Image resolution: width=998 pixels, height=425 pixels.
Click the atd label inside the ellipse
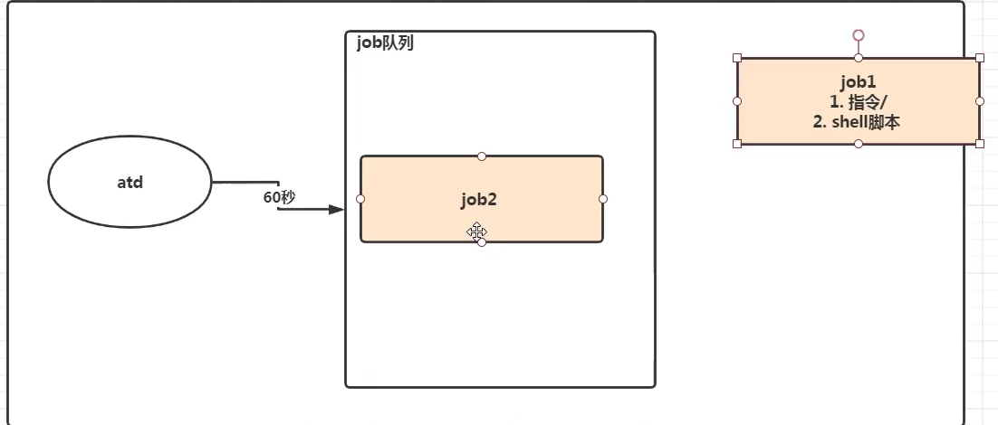pos(130,182)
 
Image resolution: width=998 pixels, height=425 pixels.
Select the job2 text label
pos(478,201)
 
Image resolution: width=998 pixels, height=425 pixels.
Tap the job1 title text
pos(858,81)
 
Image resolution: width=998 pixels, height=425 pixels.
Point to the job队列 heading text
pos(385,42)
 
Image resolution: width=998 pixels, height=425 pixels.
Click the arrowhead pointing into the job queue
pos(337,210)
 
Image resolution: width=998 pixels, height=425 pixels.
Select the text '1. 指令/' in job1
pos(858,101)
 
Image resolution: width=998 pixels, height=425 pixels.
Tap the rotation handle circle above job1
pos(859,35)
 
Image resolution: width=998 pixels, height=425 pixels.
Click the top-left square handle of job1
pos(737,58)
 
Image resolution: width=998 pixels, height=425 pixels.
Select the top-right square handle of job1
pos(980,58)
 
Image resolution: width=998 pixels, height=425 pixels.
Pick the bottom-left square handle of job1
pos(737,143)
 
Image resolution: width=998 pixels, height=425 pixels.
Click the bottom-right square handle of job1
pos(980,143)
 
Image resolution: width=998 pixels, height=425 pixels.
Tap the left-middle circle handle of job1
pos(737,101)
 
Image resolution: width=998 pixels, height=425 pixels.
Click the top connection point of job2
pos(482,156)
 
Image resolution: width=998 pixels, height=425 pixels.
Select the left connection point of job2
pos(360,199)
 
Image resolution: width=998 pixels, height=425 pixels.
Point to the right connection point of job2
pos(603,199)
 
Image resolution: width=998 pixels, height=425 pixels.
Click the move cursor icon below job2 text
pos(476,232)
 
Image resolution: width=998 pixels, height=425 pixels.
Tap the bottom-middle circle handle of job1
pos(859,144)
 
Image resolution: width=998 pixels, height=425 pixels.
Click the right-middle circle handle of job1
pos(980,101)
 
